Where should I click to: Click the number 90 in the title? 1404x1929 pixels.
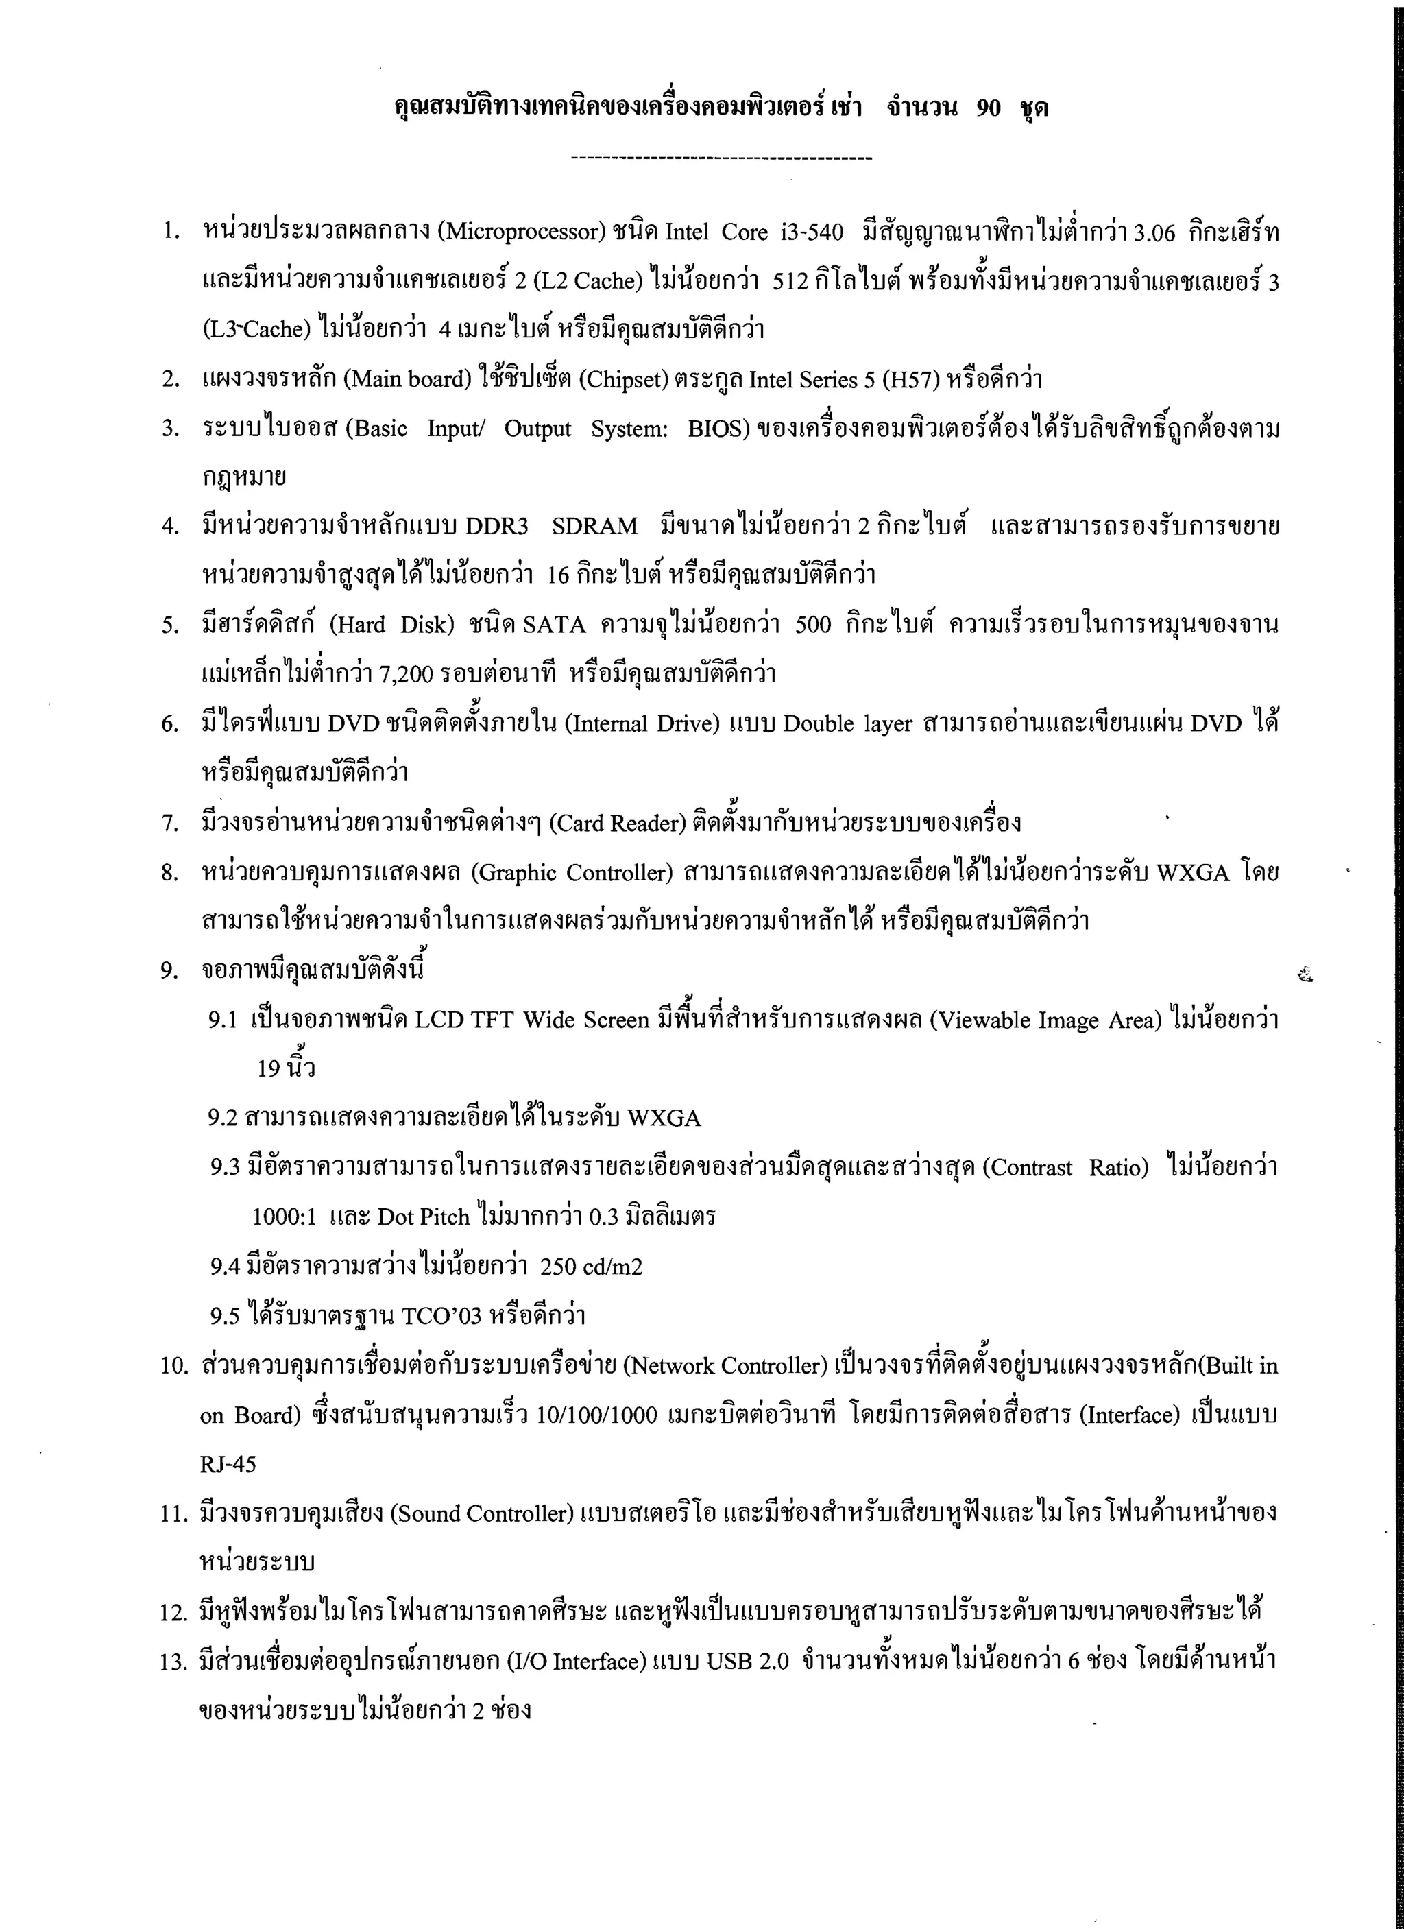pyautogui.click(x=988, y=108)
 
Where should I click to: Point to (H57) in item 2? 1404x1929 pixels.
pyautogui.click(x=911, y=379)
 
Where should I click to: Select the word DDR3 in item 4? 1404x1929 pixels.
pyautogui.click(x=496, y=527)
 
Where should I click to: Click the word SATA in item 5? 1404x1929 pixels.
pyautogui.click(x=555, y=625)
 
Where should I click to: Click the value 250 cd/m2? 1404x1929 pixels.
pyautogui.click(x=591, y=1267)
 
